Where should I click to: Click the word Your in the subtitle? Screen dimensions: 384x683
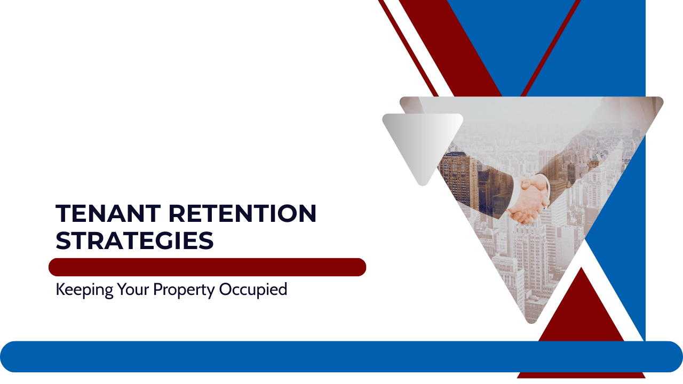133,290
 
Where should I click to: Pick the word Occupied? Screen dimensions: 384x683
254,290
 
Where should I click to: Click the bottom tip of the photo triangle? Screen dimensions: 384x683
531,319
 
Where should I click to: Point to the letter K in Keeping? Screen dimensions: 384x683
60,290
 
